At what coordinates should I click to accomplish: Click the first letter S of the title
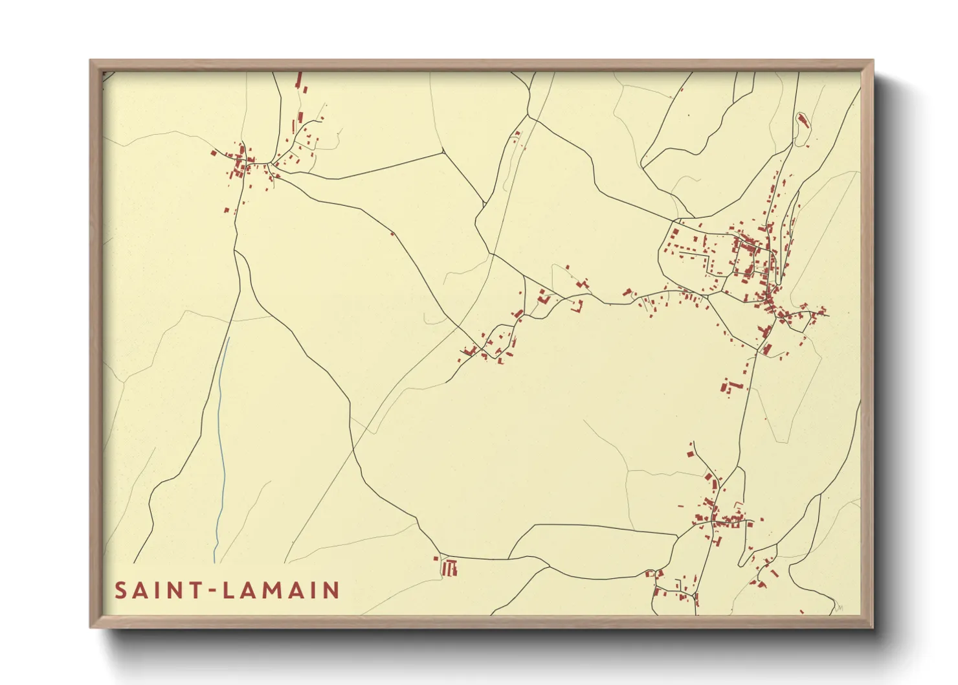point(121,590)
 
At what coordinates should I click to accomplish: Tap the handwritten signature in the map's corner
point(840,607)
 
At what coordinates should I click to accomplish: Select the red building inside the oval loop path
point(803,120)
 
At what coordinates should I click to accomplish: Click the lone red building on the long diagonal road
point(392,234)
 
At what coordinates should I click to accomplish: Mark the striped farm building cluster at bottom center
point(449,568)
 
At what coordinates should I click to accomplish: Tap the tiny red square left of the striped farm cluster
point(436,557)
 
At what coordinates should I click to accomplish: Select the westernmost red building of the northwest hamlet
point(213,153)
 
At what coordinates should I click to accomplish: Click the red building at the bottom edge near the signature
point(802,611)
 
